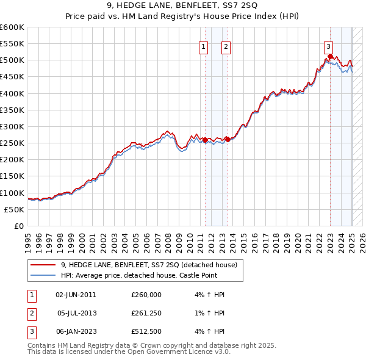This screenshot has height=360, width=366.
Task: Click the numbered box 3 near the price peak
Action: click(x=328, y=45)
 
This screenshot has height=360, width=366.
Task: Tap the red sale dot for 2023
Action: click(x=330, y=57)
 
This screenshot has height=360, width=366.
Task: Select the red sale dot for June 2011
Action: click(x=205, y=140)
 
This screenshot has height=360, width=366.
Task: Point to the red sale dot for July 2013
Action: click(x=228, y=139)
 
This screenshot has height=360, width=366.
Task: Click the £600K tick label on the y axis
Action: click(x=12, y=27)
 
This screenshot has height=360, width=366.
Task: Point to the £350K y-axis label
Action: click(x=12, y=110)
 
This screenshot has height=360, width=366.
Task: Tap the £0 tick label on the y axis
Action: click(x=20, y=226)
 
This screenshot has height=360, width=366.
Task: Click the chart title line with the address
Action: click(x=182, y=7)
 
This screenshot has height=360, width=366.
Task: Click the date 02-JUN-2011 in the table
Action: click(x=76, y=295)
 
